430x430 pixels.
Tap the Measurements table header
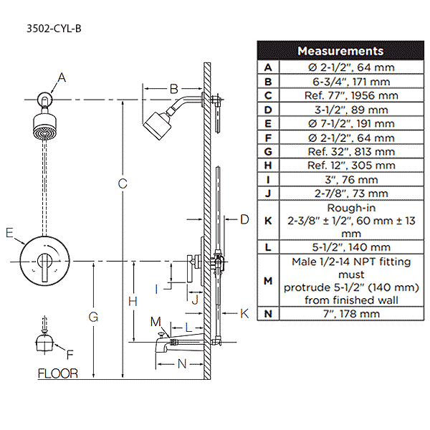pos(340,51)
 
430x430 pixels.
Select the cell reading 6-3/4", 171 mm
pos(348,81)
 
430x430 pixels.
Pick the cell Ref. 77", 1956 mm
pos(348,95)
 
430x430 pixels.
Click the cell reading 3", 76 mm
pos(348,179)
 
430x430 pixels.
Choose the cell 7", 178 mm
pos(348,313)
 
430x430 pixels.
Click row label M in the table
pos(268,280)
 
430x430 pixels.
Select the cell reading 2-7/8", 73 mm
pos(348,193)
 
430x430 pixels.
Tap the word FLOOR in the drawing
pos(57,373)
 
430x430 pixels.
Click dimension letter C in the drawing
pos(123,184)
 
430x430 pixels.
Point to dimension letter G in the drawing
pos(94,316)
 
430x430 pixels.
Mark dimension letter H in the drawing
pos(133,302)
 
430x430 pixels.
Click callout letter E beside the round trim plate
pos(9,232)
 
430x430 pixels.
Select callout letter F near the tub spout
pos(70,354)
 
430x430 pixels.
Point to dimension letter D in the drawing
pos(244,219)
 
